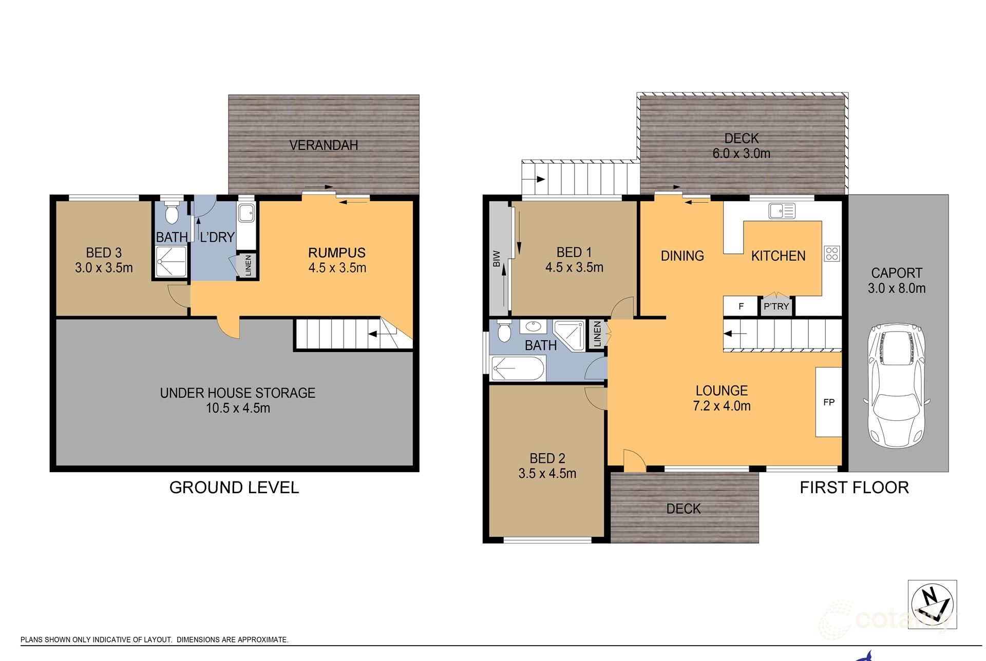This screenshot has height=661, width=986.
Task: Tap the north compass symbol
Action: (x=932, y=604)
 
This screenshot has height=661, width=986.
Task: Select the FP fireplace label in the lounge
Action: (x=828, y=402)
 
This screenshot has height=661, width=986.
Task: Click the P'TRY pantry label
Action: (x=776, y=306)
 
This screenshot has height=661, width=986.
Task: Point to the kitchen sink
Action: (x=782, y=210)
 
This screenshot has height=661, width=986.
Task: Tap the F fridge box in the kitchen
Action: (x=741, y=306)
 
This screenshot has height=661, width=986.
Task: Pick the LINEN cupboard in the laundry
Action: (x=248, y=266)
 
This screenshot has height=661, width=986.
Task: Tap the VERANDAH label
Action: (x=324, y=145)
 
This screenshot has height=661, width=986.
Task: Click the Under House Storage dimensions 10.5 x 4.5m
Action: (x=238, y=409)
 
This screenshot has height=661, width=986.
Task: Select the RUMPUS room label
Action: (x=337, y=252)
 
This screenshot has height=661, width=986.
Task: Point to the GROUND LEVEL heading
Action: (x=234, y=487)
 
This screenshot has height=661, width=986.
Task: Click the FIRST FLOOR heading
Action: (x=854, y=487)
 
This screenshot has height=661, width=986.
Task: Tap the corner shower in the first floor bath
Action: (x=570, y=335)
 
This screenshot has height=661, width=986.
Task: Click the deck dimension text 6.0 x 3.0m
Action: (x=741, y=153)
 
